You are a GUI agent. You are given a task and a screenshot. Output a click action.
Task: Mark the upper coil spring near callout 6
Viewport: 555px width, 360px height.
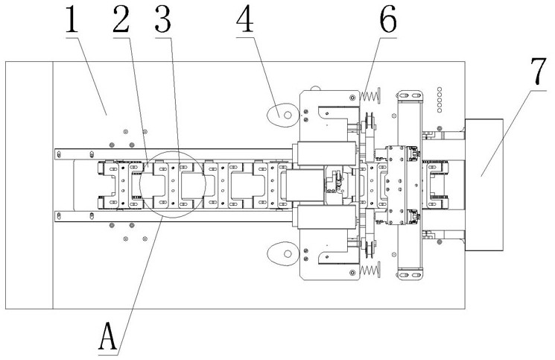(x=370, y=95)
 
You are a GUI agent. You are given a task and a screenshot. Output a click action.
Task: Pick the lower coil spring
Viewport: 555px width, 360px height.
(x=370, y=271)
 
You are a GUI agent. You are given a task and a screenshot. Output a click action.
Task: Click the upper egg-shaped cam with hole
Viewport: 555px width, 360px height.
(x=282, y=115)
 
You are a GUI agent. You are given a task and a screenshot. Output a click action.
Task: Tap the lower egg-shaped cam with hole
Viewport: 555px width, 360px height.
(x=282, y=254)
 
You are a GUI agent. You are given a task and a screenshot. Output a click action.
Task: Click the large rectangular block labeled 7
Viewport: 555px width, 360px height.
(x=483, y=185)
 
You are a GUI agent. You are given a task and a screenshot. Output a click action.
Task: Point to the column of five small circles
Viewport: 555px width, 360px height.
(x=440, y=100)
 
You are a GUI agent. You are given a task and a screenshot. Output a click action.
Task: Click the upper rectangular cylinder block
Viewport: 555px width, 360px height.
(x=326, y=154)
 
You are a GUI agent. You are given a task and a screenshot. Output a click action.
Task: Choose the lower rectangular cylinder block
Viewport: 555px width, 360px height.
(x=326, y=217)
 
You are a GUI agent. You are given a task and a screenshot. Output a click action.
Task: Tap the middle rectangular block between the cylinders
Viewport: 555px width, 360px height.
(x=305, y=186)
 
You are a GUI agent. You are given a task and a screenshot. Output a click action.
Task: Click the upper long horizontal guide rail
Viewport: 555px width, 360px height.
(x=174, y=154)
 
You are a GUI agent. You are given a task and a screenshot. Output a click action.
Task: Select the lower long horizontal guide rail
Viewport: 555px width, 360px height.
(x=174, y=217)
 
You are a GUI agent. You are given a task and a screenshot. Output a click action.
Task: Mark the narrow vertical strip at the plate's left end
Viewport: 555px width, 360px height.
(x=29, y=185)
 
